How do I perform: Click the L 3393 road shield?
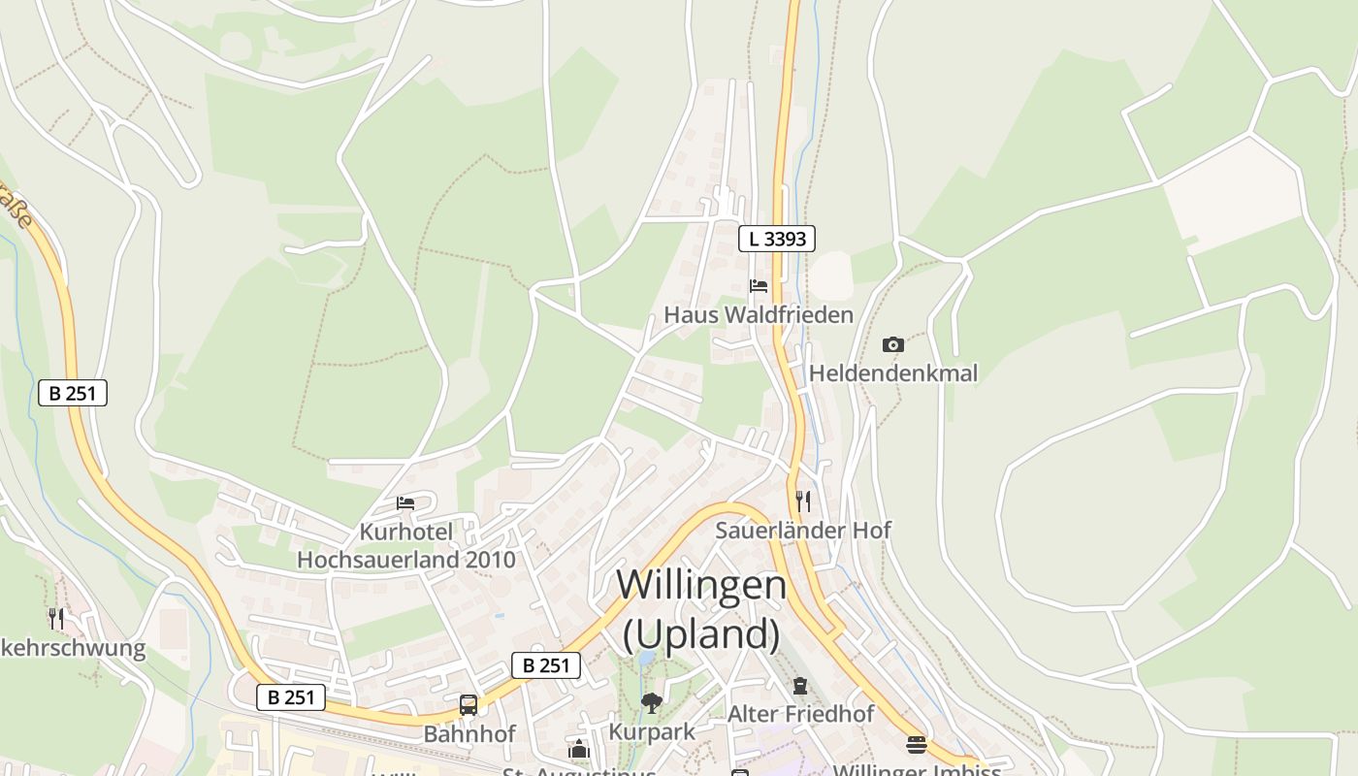pos(777,239)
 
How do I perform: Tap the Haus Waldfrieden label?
pos(759,315)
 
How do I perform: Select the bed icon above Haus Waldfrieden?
pos(759,285)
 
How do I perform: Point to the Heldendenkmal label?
pos(893,373)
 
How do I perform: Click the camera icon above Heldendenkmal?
pos(893,344)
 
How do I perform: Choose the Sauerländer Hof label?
pos(803,531)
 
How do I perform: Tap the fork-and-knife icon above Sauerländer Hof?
pos(803,501)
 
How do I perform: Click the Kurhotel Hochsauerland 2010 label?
pos(406,546)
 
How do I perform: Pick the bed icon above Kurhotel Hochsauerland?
pos(405,502)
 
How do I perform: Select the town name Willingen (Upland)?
pos(701,609)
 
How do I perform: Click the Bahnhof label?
pos(469,734)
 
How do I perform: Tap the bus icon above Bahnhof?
pos(469,705)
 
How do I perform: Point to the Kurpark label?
pos(652,731)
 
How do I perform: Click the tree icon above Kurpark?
pos(652,702)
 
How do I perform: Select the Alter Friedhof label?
pos(800,715)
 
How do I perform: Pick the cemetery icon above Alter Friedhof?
pos(800,686)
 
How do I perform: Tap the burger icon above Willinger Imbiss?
pos(917,745)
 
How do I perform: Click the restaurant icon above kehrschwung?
pos(56,618)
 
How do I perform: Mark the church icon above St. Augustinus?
pos(579,750)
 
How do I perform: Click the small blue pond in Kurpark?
pos(646,659)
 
